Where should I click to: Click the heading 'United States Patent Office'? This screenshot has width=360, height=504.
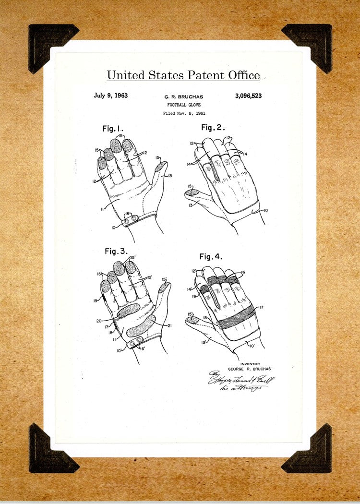[183, 75]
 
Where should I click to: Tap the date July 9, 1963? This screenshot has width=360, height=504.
[110, 96]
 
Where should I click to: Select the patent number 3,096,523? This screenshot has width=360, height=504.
[248, 96]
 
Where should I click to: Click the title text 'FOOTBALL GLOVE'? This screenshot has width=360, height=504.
[184, 105]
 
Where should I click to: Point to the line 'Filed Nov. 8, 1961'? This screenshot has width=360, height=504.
[184, 113]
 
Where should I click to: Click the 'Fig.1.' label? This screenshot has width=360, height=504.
[113, 129]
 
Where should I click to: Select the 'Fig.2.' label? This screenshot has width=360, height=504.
[213, 127]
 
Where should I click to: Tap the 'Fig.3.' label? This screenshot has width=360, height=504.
[116, 251]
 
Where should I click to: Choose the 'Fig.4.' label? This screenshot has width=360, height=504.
[211, 257]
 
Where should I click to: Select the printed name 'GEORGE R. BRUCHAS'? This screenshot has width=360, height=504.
[249, 369]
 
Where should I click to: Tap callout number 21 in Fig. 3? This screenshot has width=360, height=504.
[170, 325]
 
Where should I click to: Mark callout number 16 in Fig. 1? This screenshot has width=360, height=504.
[127, 213]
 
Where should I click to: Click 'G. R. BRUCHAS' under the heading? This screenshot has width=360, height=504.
[184, 97]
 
